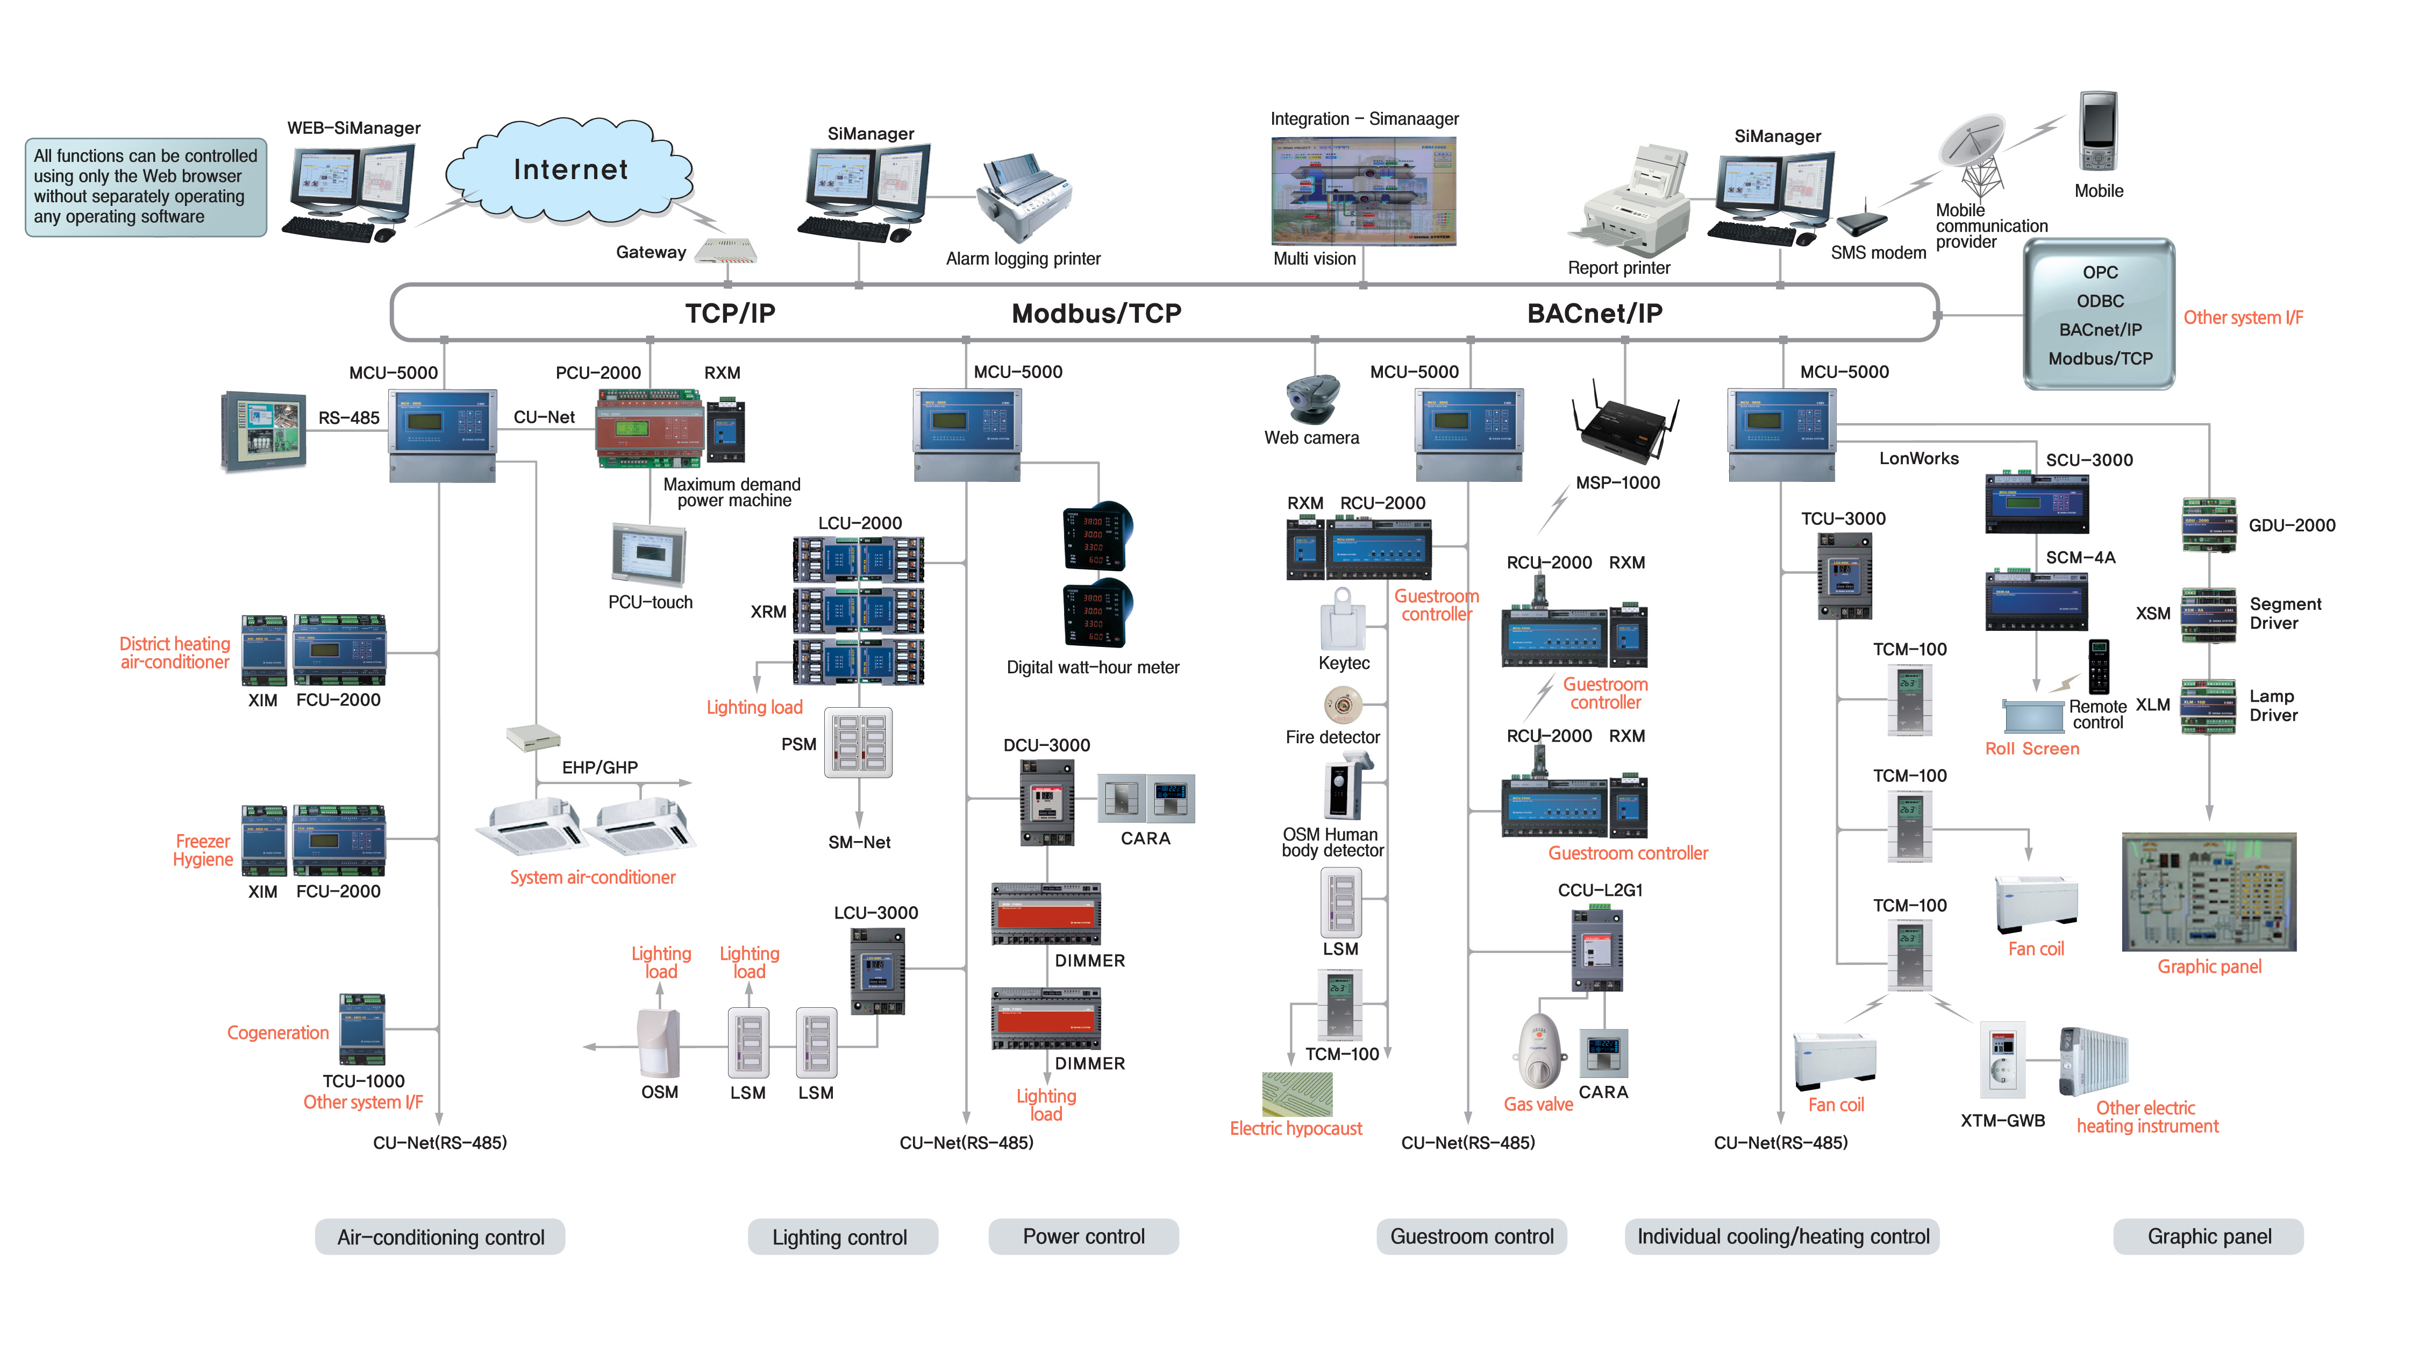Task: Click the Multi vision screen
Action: (1363, 191)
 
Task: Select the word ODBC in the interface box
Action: (2100, 301)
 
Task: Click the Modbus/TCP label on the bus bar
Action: (1096, 314)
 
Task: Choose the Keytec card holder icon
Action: (1342, 619)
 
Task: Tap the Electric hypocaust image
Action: (1297, 1094)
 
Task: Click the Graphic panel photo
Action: (2208, 892)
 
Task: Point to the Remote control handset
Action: (2097, 666)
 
